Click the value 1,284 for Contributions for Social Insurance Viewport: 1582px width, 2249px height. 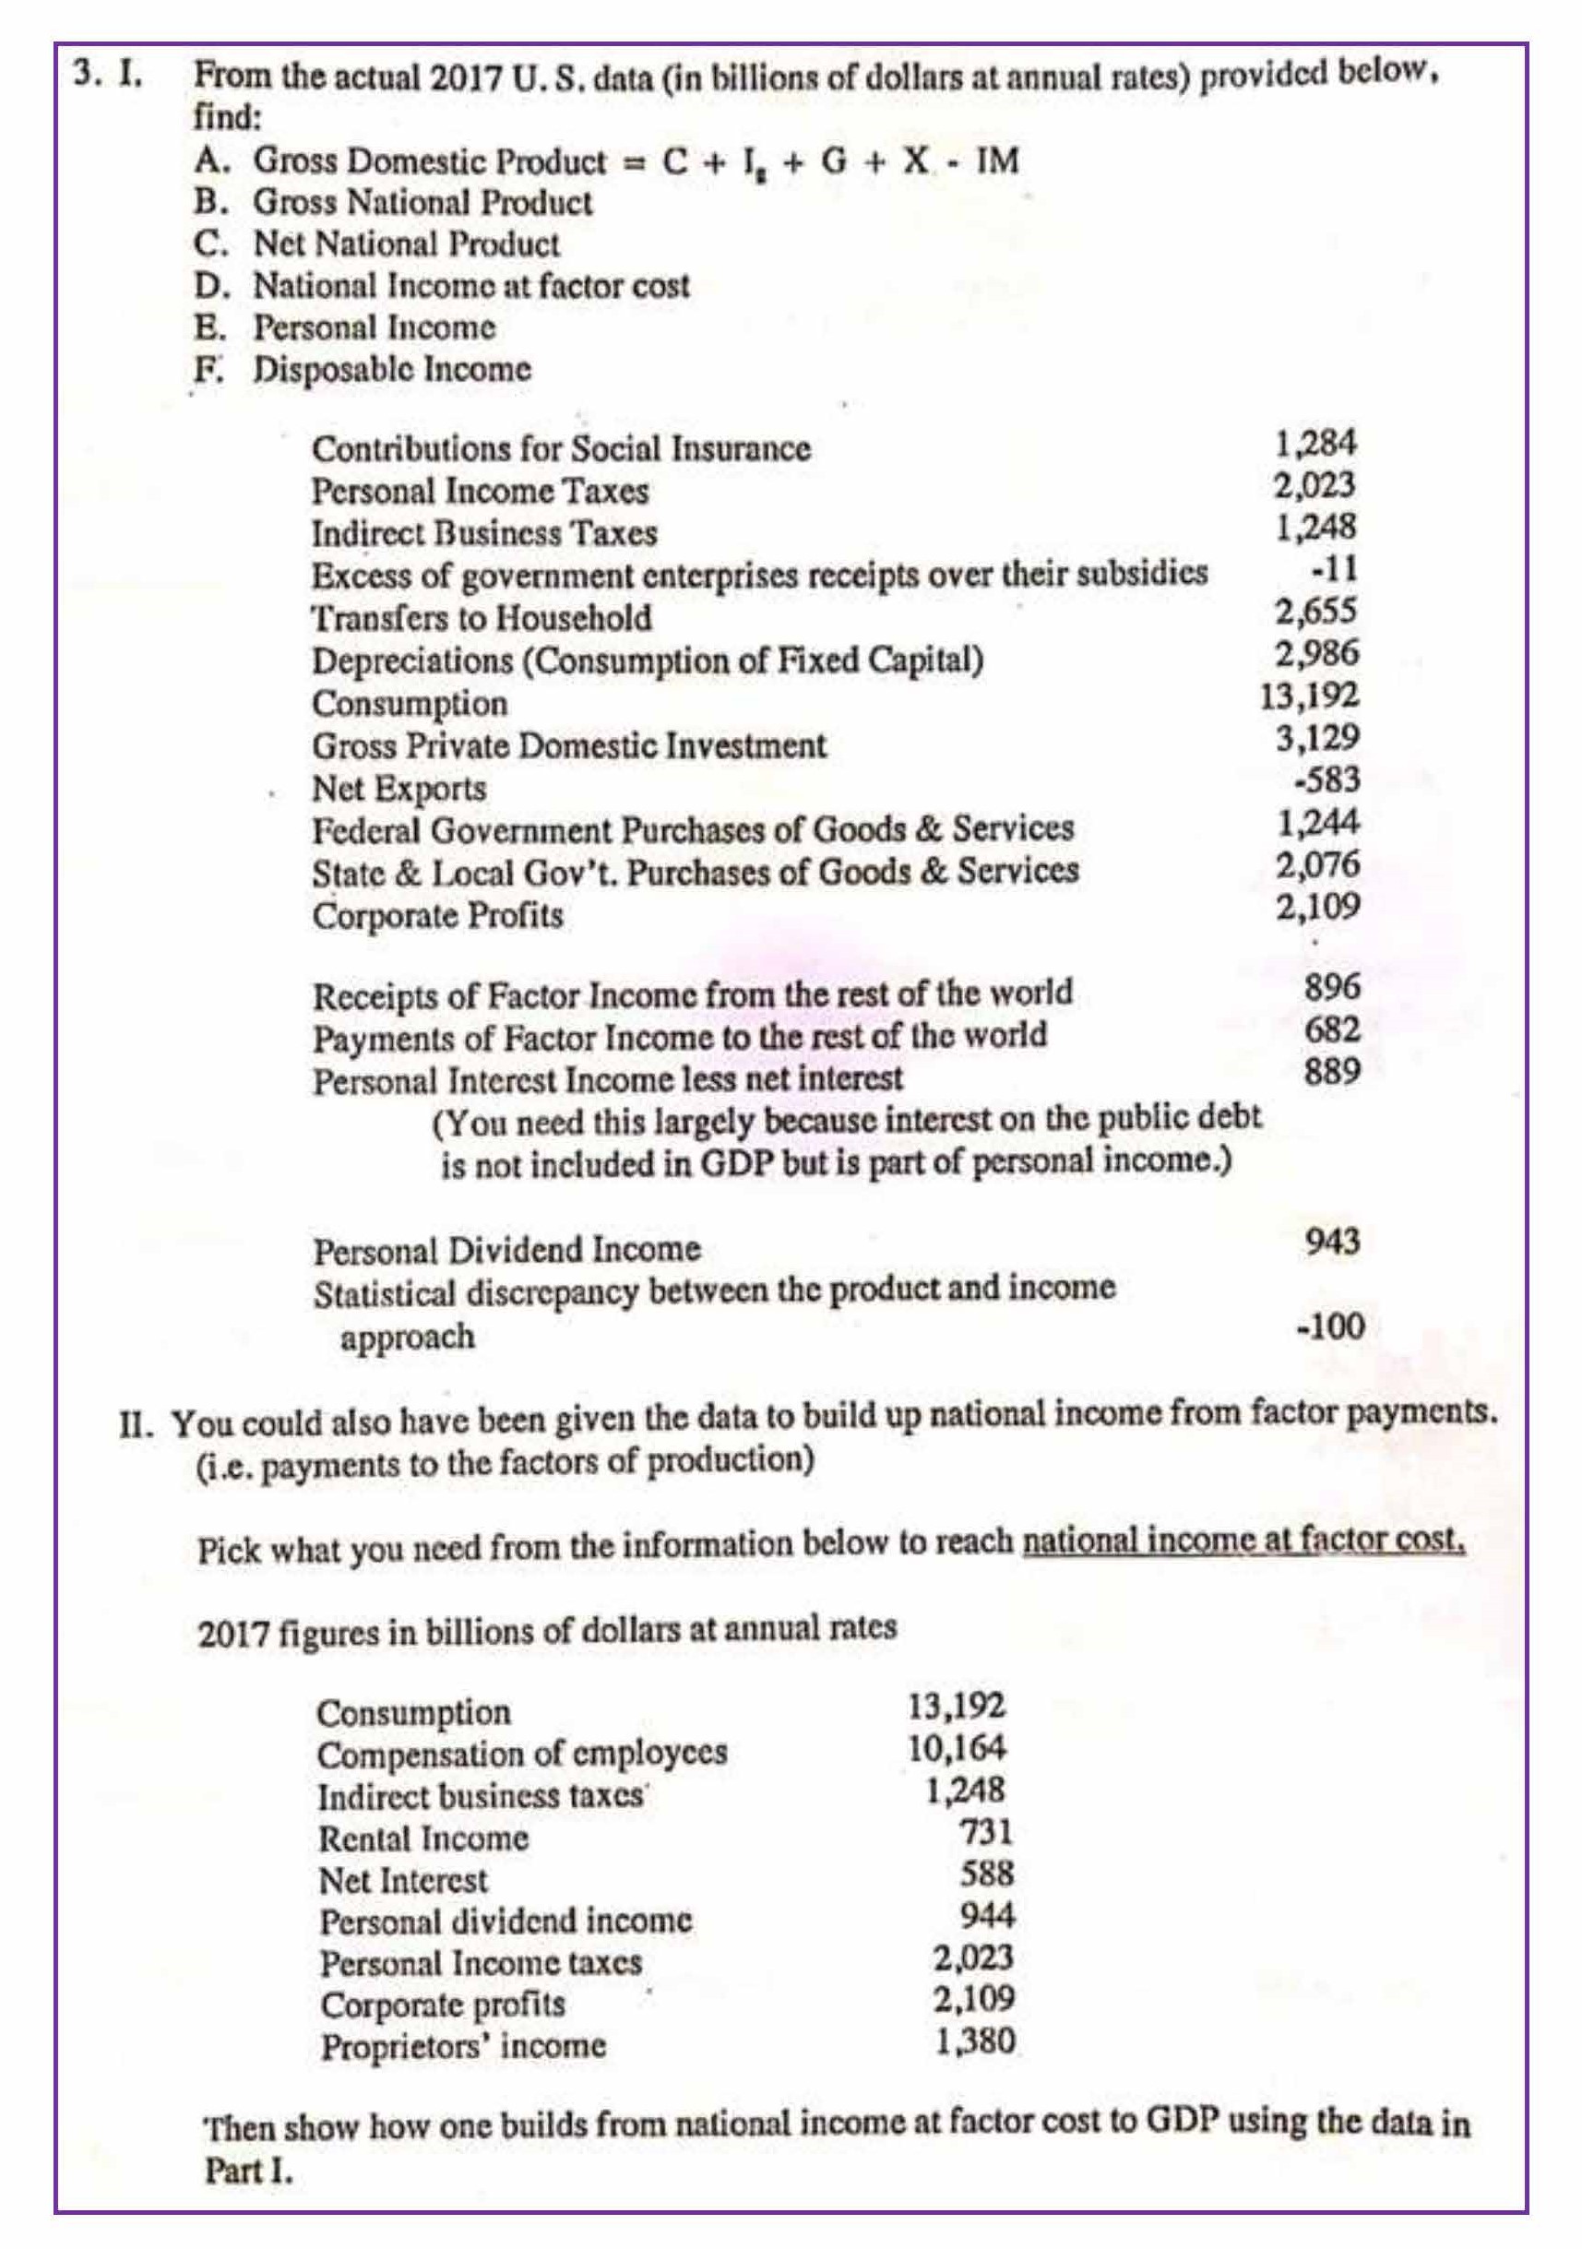[1315, 444]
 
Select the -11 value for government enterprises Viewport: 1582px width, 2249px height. [1334, 569]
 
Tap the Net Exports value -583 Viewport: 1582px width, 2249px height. [1327, 779]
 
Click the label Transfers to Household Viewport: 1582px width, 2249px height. [481, 618]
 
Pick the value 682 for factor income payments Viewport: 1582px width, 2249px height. [1332, 1029]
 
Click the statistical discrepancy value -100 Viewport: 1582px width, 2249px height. [1329, 1327]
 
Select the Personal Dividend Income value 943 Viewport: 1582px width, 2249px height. [1332, 1242]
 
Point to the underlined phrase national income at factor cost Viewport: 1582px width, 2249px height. [1243, 1541]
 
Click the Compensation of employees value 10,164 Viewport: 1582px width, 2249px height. [957, 1747]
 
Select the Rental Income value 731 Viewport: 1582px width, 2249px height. [985, 1831]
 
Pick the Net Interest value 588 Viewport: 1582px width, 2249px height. [985, 1873]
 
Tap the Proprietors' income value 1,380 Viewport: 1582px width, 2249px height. [975, 2041]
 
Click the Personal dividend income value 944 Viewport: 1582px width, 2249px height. [985, 1915]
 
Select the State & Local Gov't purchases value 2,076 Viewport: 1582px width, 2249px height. [1317, 865]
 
